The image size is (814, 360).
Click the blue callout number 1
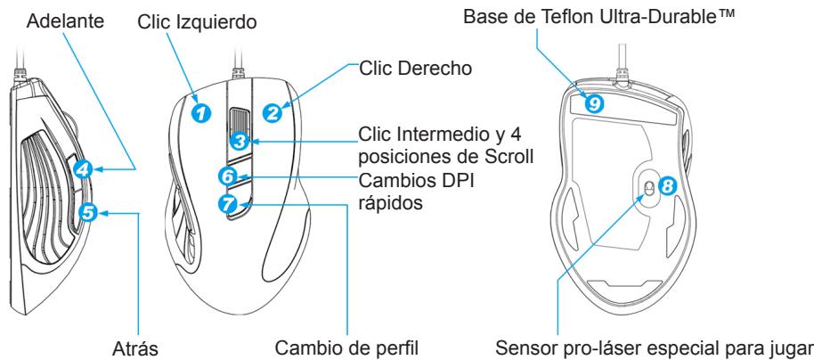pos(202,112)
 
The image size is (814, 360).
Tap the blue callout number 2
pos(272,113)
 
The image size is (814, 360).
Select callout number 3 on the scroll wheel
pos(239,141)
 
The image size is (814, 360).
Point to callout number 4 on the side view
pos(83,169)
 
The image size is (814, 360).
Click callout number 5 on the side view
pos(88,212)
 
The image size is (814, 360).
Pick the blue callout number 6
pos(228,176)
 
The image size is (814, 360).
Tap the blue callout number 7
pos(227,204)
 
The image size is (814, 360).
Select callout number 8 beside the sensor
pos(668,184)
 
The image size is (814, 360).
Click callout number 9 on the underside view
pos(594,103)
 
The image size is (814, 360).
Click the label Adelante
pos(65,21)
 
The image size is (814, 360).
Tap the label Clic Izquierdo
pos(198,22)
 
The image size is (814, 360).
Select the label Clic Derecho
pos(416,68)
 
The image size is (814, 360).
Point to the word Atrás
pos(135,348)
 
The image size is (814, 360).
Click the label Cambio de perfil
pos(346,348)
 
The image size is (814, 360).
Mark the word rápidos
pos(390,203)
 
